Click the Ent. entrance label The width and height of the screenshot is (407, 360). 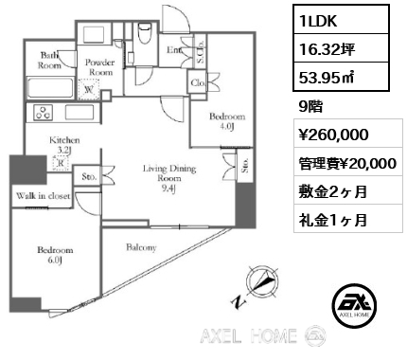pyautogui.click(x=174, y=48)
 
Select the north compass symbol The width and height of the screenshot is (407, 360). pyautogui.click(x=258, y=282)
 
